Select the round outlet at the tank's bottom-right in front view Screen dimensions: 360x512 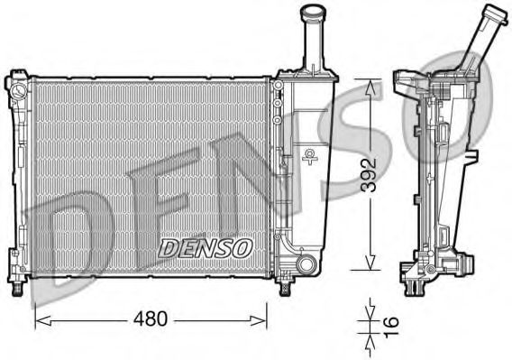306,264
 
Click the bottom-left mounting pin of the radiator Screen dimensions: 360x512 19,289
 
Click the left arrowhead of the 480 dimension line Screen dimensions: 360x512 39,318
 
